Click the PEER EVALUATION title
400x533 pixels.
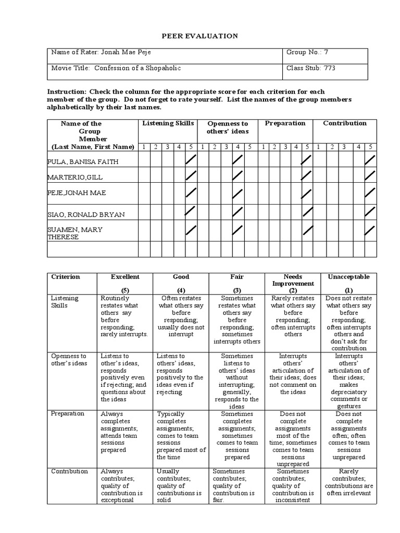click(200, 36)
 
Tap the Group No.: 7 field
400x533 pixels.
click(307, 53)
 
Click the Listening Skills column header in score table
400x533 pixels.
click(168, 123)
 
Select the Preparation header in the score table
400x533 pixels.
click(285, 123)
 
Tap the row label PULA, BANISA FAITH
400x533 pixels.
click(83, 161)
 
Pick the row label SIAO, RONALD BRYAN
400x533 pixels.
click(86, 214)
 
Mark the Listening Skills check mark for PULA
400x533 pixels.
click(191, 159)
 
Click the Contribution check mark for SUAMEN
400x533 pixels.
click(370, 230)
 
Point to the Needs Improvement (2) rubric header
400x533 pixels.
click(293, 284)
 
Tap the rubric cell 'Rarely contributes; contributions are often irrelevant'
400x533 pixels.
click(348, 482)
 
